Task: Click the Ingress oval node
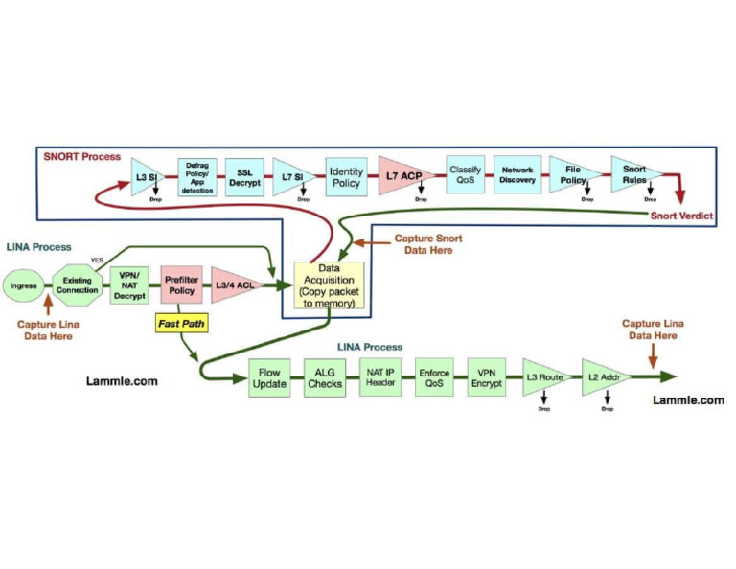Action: pyautogui.click(x=23, y=285)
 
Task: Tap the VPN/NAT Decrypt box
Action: pyautogui.click(x=128, y=284)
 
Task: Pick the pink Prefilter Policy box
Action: pyautogui.click(x=179, y=284)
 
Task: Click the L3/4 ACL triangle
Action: pyautogui.click(x=233, y=284)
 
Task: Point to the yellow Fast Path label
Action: pyautogui.click(x=179, y=325)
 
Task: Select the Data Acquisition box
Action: pyautogui.click(x=327, y=285)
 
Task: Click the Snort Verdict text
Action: pyautogui.click(x=681, y=216)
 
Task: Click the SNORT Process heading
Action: pyautogui.click(x=82, y=156)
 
